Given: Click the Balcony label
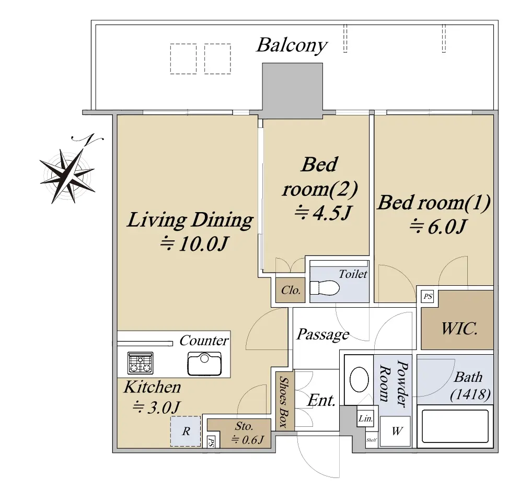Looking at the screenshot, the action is [292, 46].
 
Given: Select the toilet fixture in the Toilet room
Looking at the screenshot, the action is [325, 288].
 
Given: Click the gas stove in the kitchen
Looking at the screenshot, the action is [140, 363].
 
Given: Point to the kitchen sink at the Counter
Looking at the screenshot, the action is [204, 364].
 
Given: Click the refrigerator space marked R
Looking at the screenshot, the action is [186, 431].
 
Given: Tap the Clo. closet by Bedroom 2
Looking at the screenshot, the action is [291, 290].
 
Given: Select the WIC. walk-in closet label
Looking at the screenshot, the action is [459, 329].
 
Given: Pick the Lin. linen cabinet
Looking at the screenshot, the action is [365, 418].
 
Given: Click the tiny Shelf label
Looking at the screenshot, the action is [372, 440].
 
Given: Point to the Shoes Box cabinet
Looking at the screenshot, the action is [285, 401].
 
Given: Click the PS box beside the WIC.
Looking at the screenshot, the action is [428, 296].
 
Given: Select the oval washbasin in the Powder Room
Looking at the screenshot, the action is [359, 379].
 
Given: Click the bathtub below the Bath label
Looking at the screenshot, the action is [455, 426].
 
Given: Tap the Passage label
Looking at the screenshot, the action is [322, 334].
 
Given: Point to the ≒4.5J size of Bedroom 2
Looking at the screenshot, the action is [322, 212].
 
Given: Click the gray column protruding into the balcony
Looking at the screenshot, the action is [293, 91].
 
